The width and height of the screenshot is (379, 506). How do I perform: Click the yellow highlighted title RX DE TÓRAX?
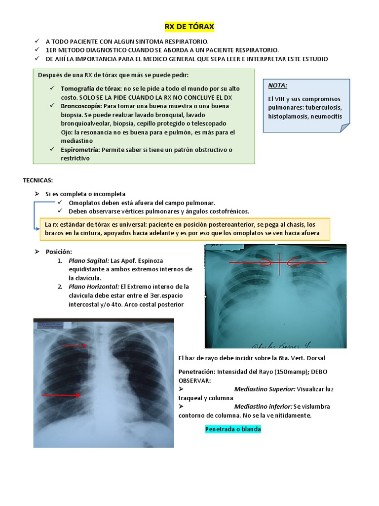pyautogui.click(x=189, y=27)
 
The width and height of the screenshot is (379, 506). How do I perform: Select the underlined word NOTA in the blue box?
pyautogui.click(x=277, y=85)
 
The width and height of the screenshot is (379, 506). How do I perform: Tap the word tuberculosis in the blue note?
pyautogui.click(x=323, y=107)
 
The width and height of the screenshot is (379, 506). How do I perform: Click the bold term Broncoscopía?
pyautogui.click(x=81, y=106)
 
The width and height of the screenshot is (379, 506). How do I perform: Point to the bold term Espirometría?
pyautogui.click(x=81, y=150)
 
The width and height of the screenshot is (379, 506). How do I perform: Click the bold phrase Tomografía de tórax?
pyautogui.click(x=92, y=88)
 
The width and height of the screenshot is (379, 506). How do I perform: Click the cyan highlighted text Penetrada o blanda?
pyautogui.click(x=233, y=429)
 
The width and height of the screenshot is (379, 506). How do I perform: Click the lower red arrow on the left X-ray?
pyautogui.click(x=62, y=395)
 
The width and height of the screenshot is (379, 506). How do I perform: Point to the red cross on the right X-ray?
pyautogui.click(x=279, y=262)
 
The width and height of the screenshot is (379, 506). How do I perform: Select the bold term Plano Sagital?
pyautogui.click(x=89, y=260)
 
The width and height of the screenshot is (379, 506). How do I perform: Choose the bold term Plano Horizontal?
pyautogui.click(x=94, y=287)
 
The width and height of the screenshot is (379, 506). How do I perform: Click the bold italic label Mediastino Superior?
pyautogui.click(x=265, y=389)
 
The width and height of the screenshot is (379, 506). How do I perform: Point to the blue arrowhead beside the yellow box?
pyautogui.click(x=37, y=228)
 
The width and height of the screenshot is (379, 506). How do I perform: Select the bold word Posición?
pyautogui.click(x=59, y=252)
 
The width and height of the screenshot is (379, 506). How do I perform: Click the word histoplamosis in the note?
pyautogui.click(x=291, y=117)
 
